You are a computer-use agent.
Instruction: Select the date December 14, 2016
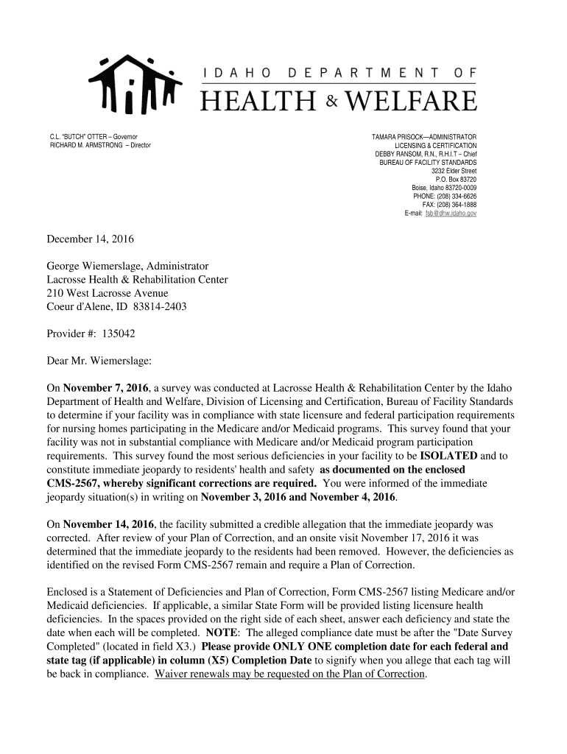click(x=91, y=239)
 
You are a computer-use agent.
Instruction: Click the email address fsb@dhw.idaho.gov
click(x=451, y=213)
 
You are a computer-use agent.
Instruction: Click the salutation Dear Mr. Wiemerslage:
click(x=99, y=361)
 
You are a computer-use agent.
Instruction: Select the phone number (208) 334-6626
click(x=456, y=197)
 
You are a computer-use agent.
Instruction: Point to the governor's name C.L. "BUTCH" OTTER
click(x=80, y=137)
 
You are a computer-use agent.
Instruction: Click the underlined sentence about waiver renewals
click(x=290, y=674)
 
